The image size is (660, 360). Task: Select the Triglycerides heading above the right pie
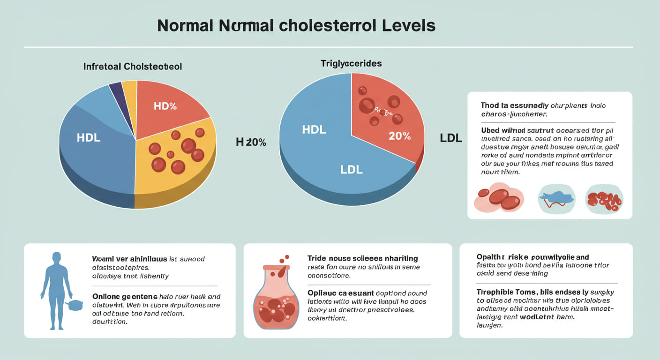(x=351, y=63)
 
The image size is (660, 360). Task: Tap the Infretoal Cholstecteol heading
(x=133, y=67)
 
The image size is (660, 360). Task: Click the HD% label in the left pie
(x=165, y=106)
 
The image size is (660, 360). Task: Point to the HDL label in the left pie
(x=88, y=137)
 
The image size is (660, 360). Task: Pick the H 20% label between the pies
(x=251, y=142)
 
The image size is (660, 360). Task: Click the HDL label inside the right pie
(x=314, y=130)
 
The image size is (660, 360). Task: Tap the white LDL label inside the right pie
(x=352, y=170)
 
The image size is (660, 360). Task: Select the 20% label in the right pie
(x=399, y=136)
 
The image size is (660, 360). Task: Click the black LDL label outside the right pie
(x=451, y=138)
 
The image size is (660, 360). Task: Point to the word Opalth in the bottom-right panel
(x=490, y=257)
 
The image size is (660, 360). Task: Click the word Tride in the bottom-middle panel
(x=317, y=258)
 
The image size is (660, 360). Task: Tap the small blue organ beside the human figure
(x=75, y=305)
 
